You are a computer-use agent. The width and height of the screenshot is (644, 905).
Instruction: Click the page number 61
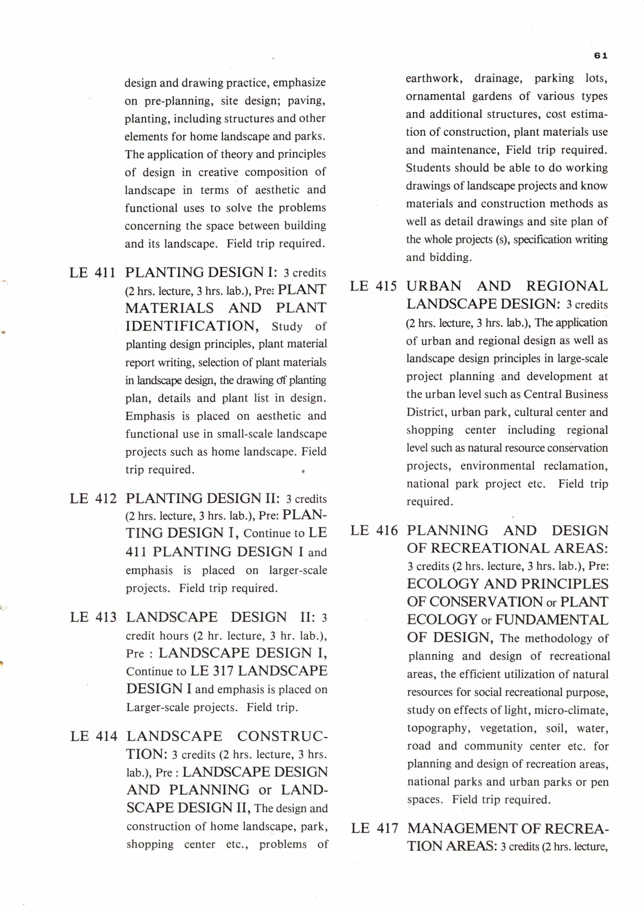601,56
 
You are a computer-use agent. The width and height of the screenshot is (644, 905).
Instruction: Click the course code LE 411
92,273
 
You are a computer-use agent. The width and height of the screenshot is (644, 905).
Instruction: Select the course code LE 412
93,498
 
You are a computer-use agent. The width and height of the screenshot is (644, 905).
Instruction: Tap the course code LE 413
93,617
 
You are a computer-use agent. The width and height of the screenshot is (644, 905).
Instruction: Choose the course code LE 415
373,286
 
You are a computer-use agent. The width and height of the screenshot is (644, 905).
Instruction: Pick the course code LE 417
374,828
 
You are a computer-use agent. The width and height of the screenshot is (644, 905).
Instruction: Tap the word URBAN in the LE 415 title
434,286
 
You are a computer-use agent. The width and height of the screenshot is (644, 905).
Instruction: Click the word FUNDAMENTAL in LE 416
552,619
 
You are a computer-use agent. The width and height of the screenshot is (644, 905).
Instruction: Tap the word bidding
439,257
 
